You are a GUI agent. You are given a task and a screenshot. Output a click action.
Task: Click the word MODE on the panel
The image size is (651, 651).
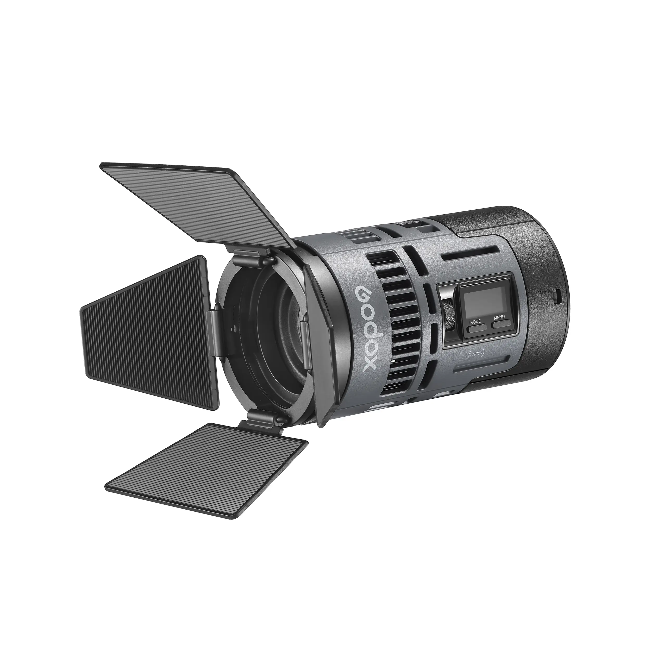point(475,321)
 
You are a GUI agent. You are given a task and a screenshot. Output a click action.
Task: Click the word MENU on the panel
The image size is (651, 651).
point(499,317)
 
